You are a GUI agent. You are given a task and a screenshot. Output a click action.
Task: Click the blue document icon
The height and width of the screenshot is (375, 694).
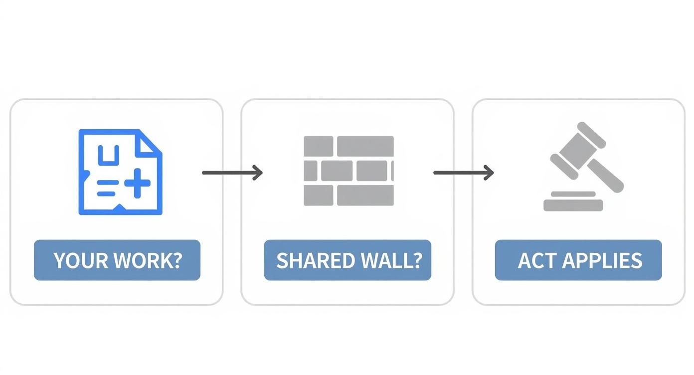[x=120, y=172]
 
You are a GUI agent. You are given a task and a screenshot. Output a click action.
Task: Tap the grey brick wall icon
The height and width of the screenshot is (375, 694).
[x=348, y=171]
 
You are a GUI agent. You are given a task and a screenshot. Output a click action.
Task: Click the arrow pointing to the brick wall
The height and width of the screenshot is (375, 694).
[x=232, y=173]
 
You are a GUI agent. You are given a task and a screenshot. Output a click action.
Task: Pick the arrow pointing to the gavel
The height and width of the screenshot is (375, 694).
[x=463, y=173]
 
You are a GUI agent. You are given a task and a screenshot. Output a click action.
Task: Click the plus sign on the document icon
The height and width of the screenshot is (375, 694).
[x=137, y=183]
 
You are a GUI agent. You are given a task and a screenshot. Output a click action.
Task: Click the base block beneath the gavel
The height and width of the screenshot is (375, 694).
[x=573, y=205]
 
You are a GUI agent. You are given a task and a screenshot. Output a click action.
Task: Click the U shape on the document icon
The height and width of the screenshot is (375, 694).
[x=106, y=156]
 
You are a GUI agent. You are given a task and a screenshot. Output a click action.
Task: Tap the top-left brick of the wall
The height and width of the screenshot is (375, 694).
[x=319, y=146]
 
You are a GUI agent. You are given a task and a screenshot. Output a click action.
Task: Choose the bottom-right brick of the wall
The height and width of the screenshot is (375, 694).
[x=365, y=195]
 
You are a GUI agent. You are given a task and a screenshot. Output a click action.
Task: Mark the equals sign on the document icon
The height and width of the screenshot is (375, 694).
[x=106, y=188]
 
